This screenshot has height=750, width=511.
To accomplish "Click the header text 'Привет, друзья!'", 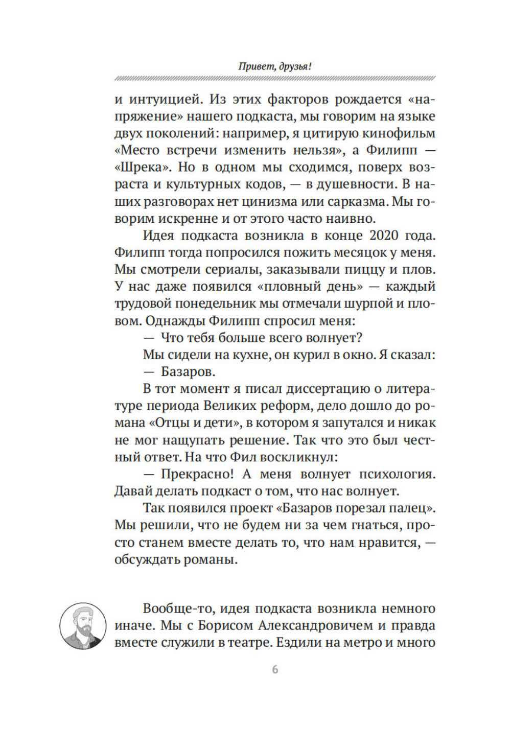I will click(x=275, y=66).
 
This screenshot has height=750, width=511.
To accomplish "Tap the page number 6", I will click(x=275, y=669).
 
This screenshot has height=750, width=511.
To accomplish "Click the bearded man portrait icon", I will click(x=83, y=626).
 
